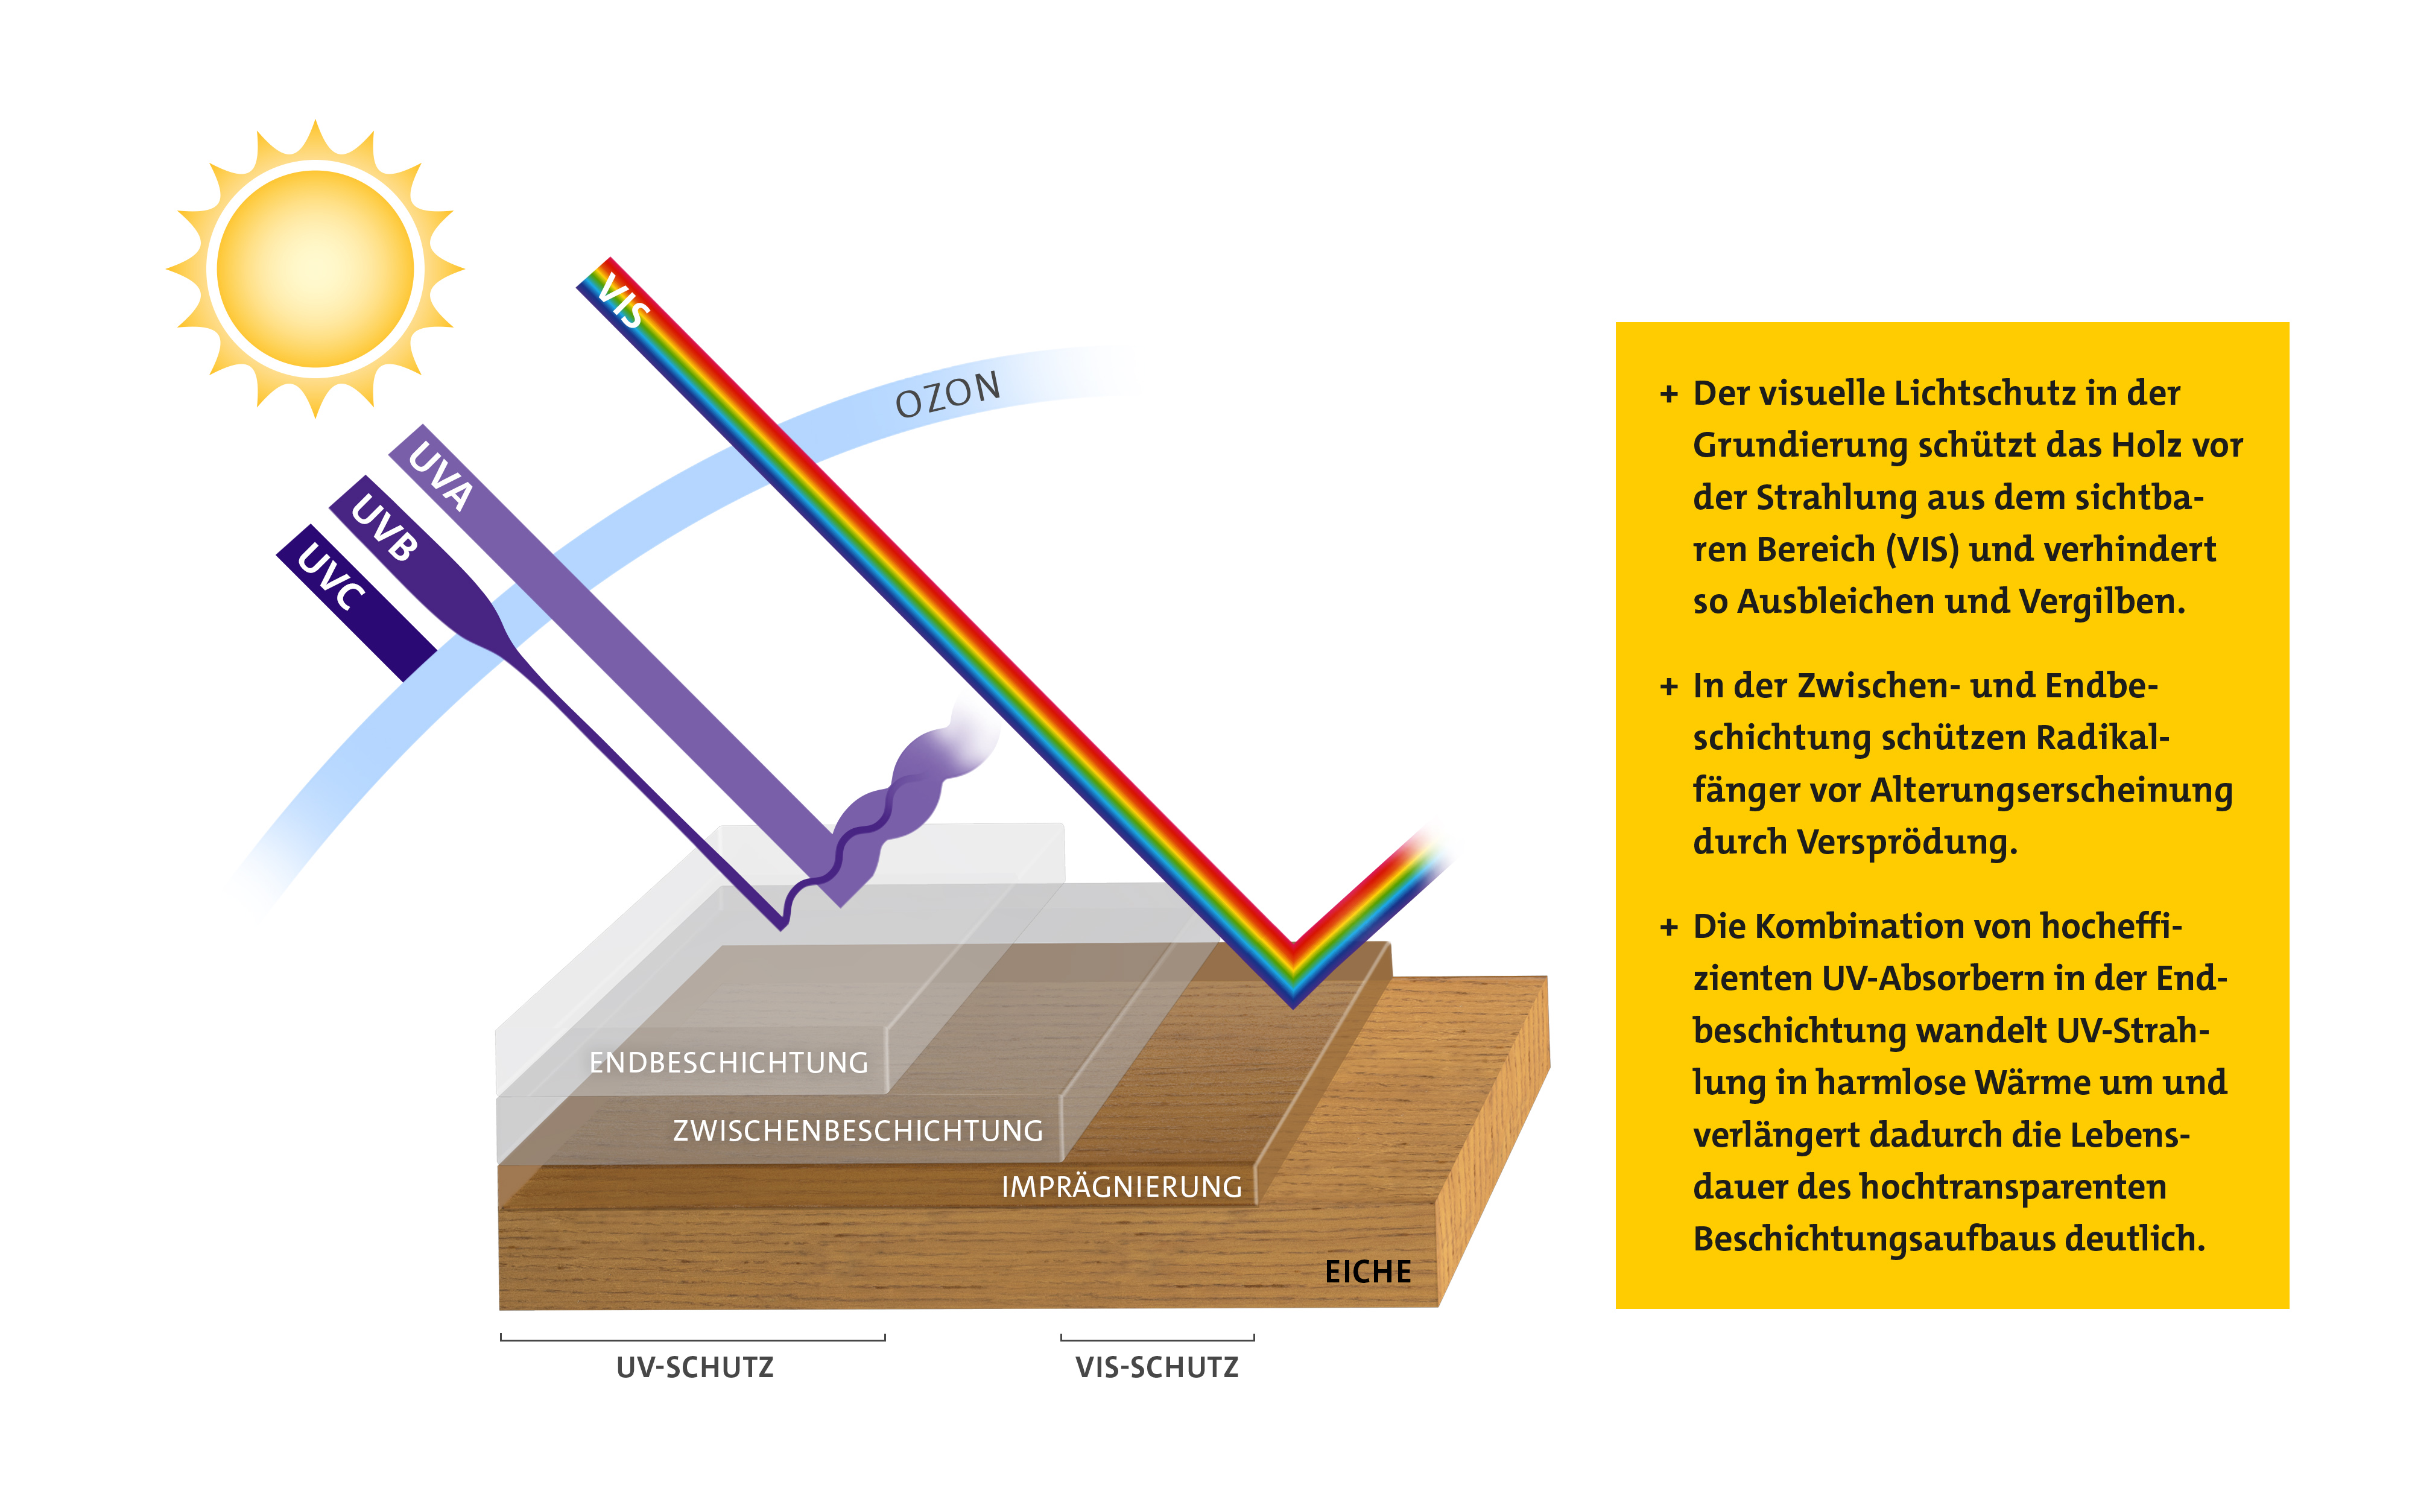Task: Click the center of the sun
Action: tap(315, 268)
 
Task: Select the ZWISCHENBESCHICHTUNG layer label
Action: tap(858, 1131)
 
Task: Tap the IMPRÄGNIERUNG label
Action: tap(1122, 1187)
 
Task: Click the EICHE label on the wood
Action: tap(1368, 1272)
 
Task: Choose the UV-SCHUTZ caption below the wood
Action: tap(695, 1367)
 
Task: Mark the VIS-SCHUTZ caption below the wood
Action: tap(1157, 1367)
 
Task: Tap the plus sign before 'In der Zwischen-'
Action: tap(1669, 687)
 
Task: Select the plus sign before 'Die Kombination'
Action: tap(1669, 928)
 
